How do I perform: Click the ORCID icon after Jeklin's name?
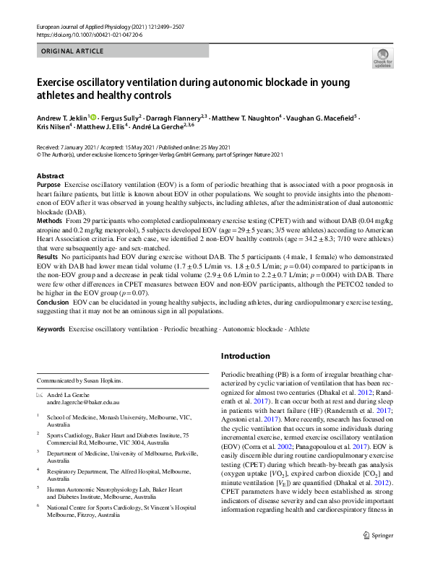(x=93, y=116)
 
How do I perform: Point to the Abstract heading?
(x=50, y=176)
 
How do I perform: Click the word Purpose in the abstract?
(x=48, y=185)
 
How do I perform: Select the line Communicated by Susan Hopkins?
(x=79, y=380)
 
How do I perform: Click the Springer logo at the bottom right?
(x=377, y=555)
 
